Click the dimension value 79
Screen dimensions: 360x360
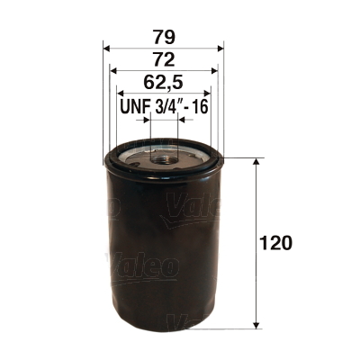(164, 39)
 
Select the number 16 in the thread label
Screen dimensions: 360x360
(199, 107)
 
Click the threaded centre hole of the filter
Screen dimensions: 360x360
(164, 158)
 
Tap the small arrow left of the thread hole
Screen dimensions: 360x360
(144, 118)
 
